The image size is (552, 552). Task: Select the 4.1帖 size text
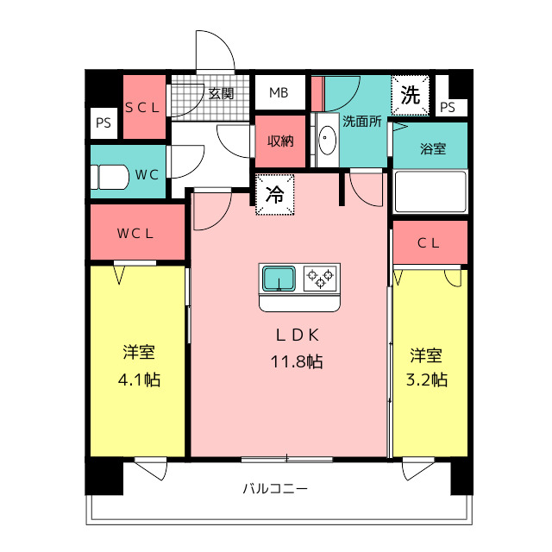pos(138,379)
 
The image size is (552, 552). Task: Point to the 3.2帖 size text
pos(427,379)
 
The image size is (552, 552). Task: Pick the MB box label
pos(279,93)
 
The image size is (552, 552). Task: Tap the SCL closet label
pos(142,108)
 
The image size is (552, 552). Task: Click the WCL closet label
pos(136,233)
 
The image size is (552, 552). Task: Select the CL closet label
pos(429,243)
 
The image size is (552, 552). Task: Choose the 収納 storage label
pos(280,141)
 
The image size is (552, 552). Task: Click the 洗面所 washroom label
pos(361,122)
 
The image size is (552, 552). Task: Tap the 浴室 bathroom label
pos(433,147)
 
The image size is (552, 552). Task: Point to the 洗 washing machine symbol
pos(411,95)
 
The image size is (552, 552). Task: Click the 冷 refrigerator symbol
pos(275,195)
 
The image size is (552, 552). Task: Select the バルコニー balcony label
pos(274,489)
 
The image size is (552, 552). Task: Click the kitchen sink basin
pos(279,279)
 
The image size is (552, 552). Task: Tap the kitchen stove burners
pos(321,278)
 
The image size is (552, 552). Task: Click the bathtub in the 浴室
pos(430,191)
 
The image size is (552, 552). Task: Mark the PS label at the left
pos(103,123)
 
